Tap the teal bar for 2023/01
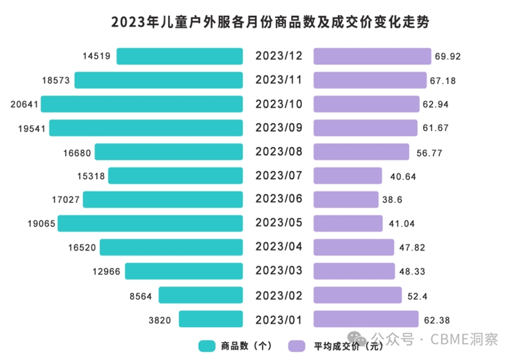(211, 319)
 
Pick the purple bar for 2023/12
(372, 57)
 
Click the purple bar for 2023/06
(346, 200)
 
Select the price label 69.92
(449, 57)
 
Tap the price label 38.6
(392, 200)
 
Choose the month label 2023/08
(279, 152)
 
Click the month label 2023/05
(279, 223)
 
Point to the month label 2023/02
(279, 295)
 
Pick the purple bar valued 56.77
(361, 152)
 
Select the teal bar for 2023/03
(183, 271)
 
